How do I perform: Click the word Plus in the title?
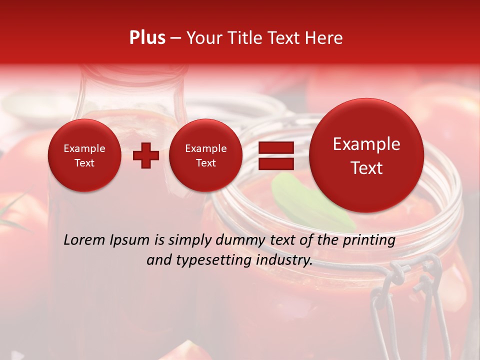point(147,38)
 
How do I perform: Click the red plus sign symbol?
point(146,155)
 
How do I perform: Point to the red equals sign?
point(275,155)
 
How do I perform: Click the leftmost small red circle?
point(84,155)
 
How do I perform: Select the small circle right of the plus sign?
point(205,155)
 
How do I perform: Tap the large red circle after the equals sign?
point(366,155)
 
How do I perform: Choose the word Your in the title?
point(201,38)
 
